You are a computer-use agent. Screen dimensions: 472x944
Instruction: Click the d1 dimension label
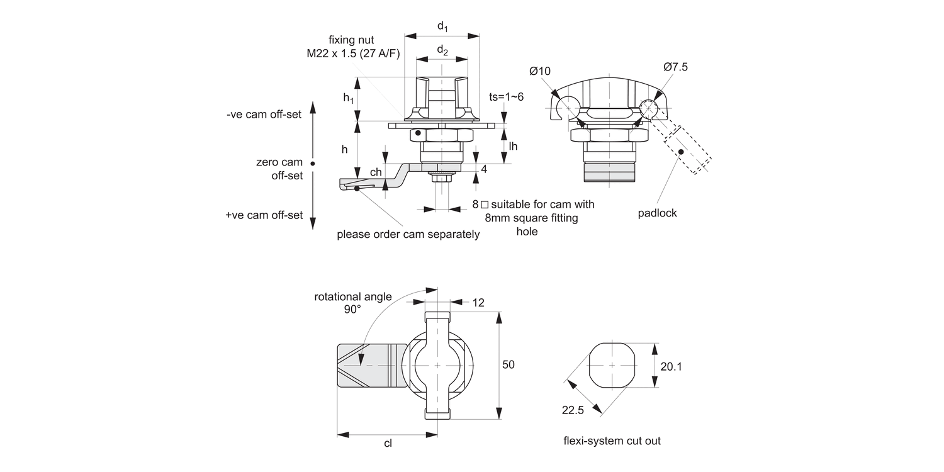click(x=442, y=27)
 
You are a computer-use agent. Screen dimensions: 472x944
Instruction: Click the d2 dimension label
click(x=442, y=51)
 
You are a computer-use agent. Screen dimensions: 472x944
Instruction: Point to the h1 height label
click(x=349, y=98)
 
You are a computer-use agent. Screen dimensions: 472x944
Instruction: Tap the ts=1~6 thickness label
click(x=507, y=97)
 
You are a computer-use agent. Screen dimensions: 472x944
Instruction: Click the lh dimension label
click(x=513, y=146)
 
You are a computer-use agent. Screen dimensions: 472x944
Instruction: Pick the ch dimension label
click(x=376, y=172)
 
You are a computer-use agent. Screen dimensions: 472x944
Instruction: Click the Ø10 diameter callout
click(x=540, y=71)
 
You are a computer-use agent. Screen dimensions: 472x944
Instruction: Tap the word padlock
click(x=657, y=213)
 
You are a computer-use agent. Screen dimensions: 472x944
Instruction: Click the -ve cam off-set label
click(x=264, y=115)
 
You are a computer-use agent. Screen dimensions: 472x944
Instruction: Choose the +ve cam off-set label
click(x=264, y=215)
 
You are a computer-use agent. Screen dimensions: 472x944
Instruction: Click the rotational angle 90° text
click(x=352, y=303)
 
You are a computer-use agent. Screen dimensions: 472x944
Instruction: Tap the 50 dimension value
click(x=509, y=365)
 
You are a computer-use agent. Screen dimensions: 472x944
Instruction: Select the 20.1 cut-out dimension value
click(x=671, y=366)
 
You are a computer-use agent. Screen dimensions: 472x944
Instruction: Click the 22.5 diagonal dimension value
click(x=573, y=410)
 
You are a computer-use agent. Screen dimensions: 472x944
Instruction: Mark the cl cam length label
click(x=388, y=443)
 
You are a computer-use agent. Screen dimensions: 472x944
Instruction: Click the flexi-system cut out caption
click(x=612, y=441)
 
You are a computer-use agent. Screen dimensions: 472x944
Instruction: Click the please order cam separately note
click(x=408, y=234)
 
